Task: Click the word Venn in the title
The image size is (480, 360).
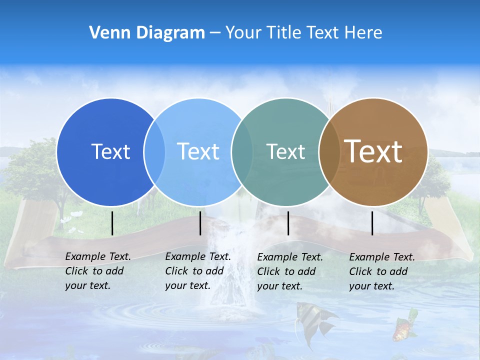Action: click(x=106, y=32)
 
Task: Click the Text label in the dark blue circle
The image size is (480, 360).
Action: click(x=110, y=151)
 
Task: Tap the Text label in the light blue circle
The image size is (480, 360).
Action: click(x=198, y=151)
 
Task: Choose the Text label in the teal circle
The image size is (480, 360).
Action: click(x=285, y=151)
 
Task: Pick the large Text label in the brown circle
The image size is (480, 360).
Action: click(x=373, y=151)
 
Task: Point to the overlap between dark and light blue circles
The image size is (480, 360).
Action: click(x=154, y=152)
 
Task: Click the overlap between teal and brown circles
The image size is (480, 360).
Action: click(x=329, y=152)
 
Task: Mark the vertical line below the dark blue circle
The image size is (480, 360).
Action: click(x=112, y=223)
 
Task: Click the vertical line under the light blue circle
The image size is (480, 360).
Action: click(x=200, y=223)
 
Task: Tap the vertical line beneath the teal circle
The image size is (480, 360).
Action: click(x=288, y=223)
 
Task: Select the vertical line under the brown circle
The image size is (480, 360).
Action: click(x=372, y=223)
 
